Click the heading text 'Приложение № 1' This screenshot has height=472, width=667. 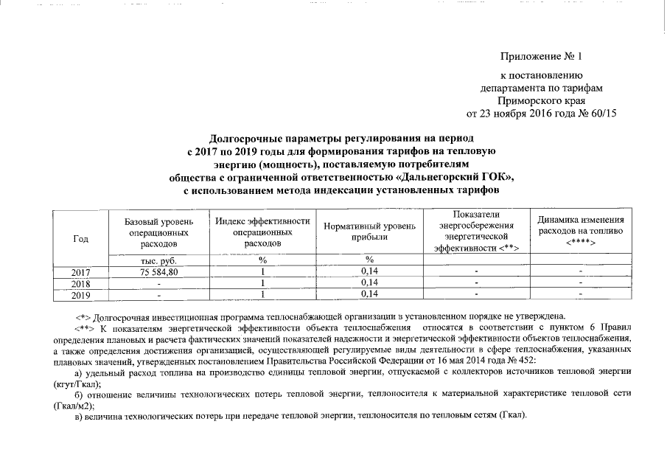(541, 56)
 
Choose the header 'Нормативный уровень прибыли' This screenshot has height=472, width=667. (369, 232)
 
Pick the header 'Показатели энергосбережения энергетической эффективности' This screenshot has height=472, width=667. (476, 231)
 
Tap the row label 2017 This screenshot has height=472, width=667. (81, 273)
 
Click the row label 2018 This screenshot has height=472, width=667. (81, 283)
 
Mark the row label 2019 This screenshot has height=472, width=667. (81, 295)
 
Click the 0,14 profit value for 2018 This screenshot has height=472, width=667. (369, 283)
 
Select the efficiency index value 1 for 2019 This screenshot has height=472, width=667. (262, 295)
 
